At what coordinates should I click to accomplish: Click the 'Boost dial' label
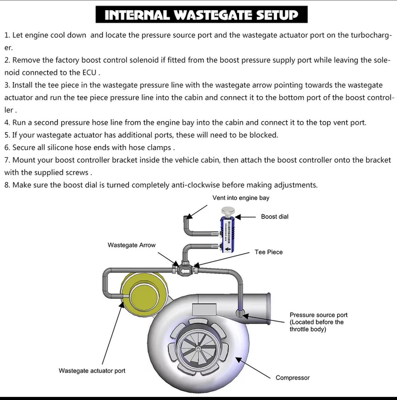tap(275, 217)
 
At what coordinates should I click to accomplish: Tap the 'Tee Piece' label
tap(269, 252)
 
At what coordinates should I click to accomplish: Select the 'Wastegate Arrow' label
tap(132, 245)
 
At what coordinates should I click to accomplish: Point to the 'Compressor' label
tap(293, 377)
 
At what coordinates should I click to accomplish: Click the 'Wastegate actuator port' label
tap(92, 371)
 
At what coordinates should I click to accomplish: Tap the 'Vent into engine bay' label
tap(241, 198)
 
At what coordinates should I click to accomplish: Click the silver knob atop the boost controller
tap(228, 211)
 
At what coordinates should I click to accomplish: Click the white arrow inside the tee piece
tap(185, 271)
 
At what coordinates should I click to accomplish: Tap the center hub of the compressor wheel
tap(198, 349)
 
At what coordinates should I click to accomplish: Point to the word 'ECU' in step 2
tap(89, 73)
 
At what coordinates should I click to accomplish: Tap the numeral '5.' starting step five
tap(7, 135)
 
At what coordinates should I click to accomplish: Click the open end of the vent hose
tap(186, 217)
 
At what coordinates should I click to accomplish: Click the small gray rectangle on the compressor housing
tap(204, 310)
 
